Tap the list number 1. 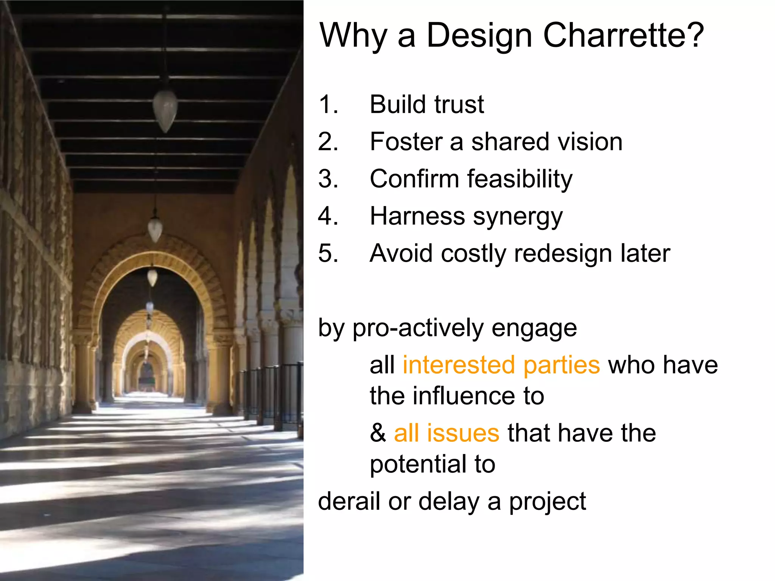coord(328,104)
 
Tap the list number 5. coord(328,253)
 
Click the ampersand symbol coord(378,433)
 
